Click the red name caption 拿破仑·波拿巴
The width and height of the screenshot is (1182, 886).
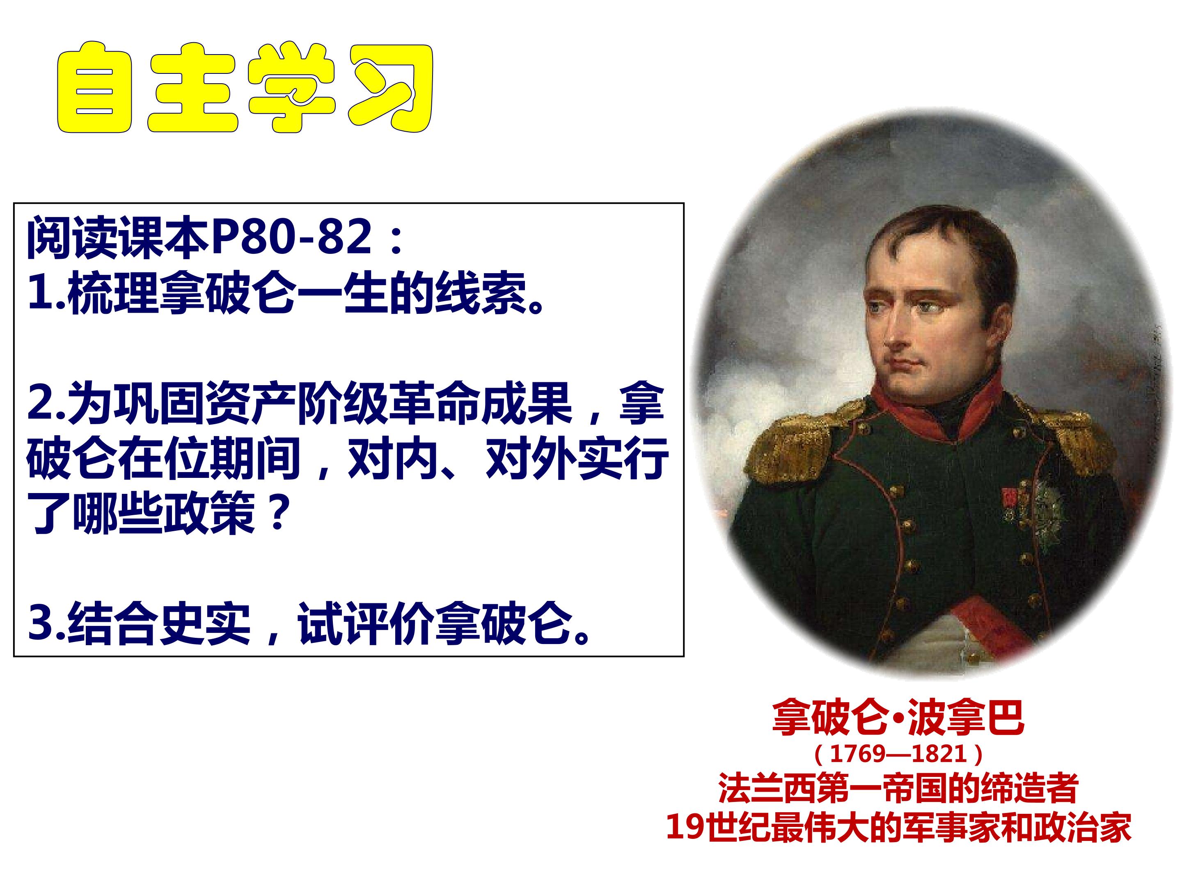[898, 718]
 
